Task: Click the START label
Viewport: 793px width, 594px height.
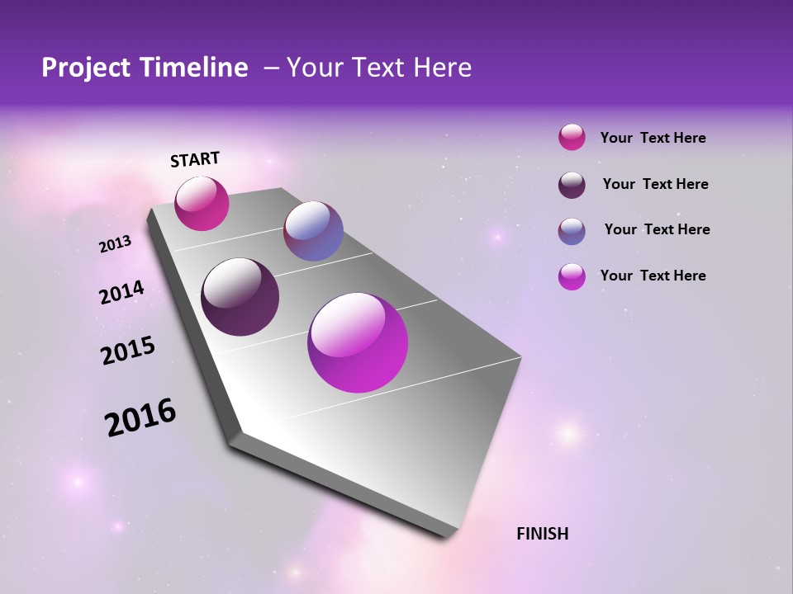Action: pos(195,159)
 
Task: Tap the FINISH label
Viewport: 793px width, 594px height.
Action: pos(542,534)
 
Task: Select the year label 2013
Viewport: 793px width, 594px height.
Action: pos(115,244)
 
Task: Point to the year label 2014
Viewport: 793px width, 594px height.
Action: pos(121,293)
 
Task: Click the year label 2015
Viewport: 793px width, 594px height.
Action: pos(128,351)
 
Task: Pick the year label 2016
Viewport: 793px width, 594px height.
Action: pos(140,417)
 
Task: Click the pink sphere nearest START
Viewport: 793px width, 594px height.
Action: pos(202,204)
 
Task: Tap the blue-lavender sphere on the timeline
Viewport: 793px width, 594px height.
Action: pos(313,231)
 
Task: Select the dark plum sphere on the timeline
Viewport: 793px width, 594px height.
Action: pos(240,297)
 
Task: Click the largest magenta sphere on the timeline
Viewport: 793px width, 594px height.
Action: pos(358,342)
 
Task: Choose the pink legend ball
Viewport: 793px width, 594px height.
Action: pos(572,138)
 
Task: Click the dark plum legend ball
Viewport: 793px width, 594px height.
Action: pos(572,184)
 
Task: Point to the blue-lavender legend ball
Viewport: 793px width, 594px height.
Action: pos(572,230)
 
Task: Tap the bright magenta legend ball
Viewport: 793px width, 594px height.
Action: pos(572,276)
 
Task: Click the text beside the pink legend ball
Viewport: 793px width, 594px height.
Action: pos(653,138)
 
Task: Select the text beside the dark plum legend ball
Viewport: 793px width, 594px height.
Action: pos(655,184)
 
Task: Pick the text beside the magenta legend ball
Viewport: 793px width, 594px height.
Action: pos(653,276)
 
